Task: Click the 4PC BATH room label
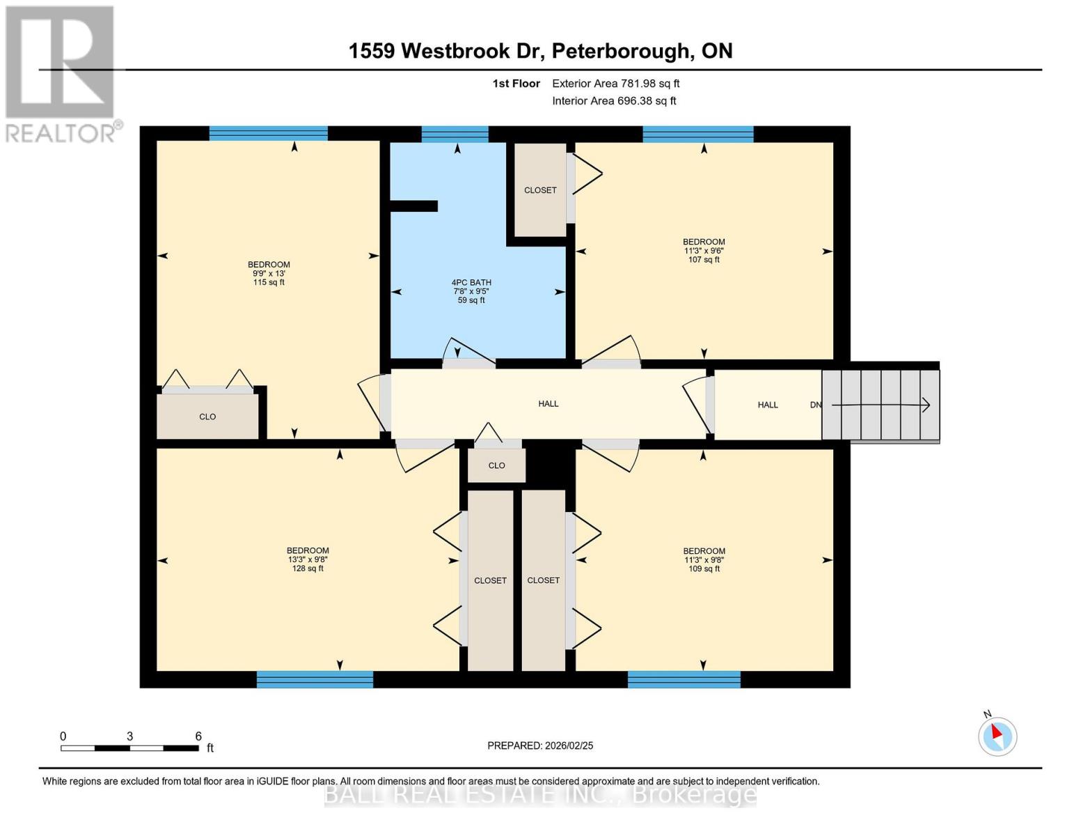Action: point(471,291)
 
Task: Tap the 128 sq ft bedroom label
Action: point(308,559)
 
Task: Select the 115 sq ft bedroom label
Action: point(269,273)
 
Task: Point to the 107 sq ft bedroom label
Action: point(704,251)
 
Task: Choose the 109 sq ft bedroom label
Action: point(704,559)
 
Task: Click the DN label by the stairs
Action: point(816,405)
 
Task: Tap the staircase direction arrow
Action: point(881,405)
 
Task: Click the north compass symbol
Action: point(997,736)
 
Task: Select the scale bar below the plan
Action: point(129,748)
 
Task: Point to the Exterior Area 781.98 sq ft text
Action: point(615,84)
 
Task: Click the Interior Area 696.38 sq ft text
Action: point(614,101)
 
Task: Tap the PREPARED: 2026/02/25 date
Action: point(540,745)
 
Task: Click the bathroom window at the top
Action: point(455,134)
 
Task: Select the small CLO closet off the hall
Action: point(496,465)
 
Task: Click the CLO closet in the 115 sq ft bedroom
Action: point(207,417)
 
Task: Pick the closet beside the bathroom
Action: point(540,189)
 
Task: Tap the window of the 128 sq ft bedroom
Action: point(315,679)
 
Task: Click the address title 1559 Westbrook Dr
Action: point(540,51)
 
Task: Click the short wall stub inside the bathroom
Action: point(413,206)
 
